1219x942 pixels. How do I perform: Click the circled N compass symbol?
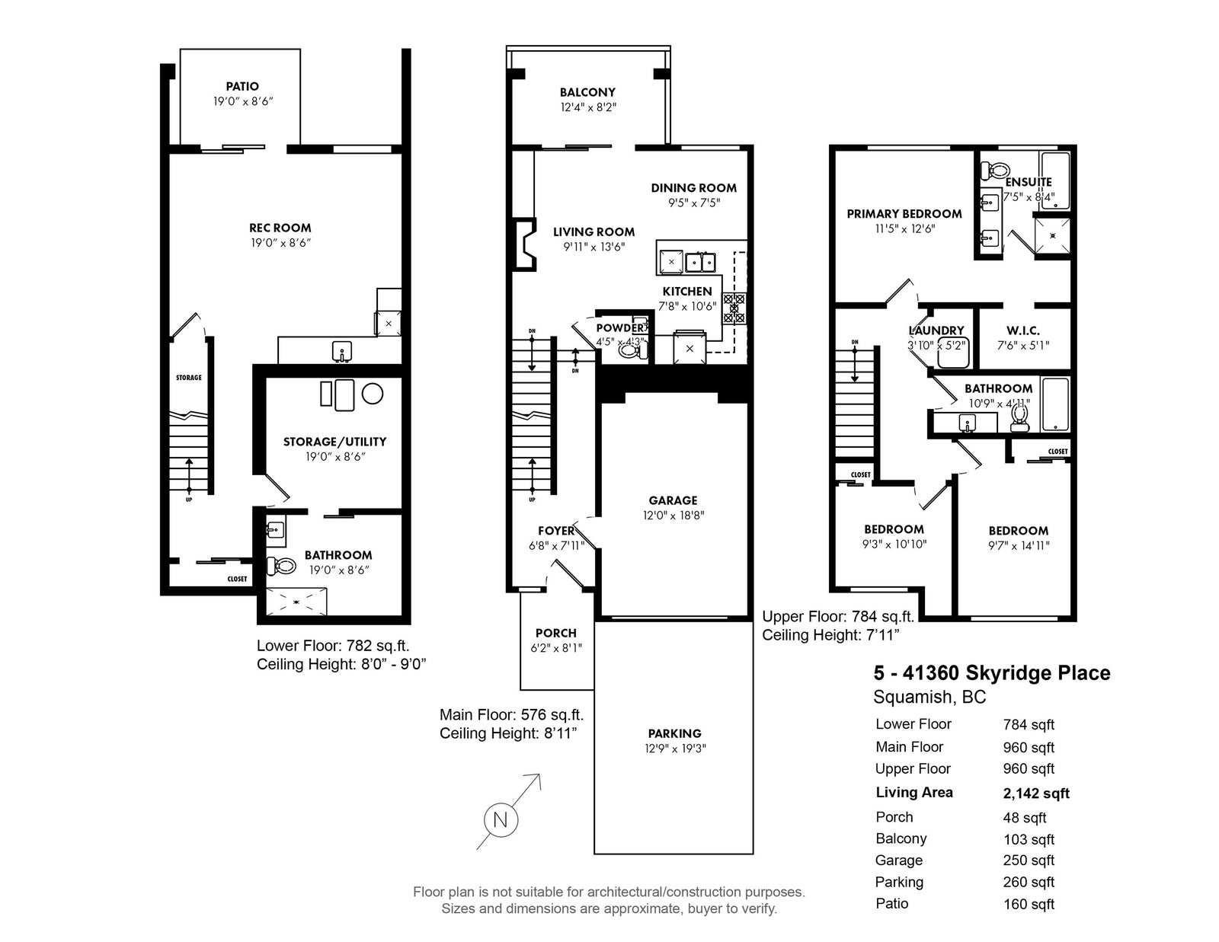(500, 820)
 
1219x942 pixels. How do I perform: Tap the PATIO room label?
(242, 86)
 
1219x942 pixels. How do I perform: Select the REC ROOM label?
(280, 228)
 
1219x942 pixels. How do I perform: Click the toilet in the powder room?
(631, 350)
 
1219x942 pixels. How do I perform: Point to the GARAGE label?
(673, 500)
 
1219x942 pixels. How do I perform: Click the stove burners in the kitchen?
(733, 308)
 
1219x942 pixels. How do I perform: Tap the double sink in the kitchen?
(701, 262)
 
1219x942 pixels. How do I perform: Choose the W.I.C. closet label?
(1023, 330)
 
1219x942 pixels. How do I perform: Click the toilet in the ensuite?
(994, 169)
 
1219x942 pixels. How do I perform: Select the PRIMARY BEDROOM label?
(904, 214)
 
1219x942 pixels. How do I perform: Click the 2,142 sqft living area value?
(1036, 794)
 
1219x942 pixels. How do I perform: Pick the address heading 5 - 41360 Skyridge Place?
(992, 673)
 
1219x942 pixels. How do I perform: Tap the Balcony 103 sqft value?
(1029, 839)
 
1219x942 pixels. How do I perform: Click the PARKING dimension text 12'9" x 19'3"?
(675, 748)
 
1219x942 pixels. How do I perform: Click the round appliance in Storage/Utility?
(373, 393)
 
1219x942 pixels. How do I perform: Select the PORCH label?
(556, 633)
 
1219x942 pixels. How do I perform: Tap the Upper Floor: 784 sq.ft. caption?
(838, 617)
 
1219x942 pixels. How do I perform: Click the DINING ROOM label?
(694, 188)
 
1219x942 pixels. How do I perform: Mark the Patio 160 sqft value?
(1029, 904)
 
